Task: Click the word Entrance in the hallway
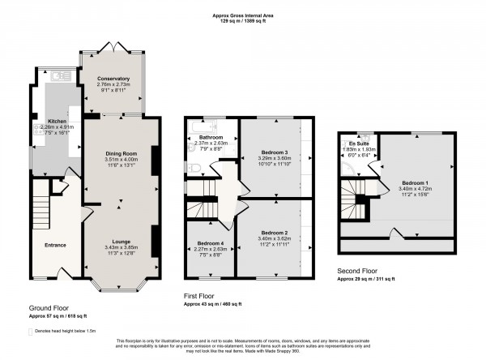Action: coord(55,245)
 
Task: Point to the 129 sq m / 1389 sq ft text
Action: coord(242,21)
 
